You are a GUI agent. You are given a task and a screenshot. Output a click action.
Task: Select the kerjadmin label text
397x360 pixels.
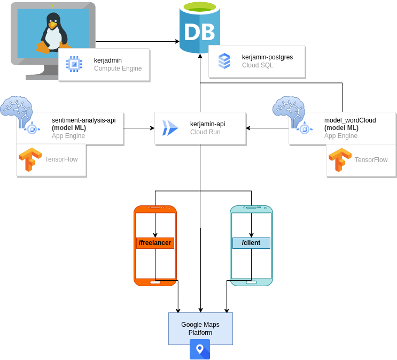(108, 60)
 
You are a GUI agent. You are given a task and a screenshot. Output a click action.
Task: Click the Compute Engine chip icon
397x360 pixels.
(74, 64)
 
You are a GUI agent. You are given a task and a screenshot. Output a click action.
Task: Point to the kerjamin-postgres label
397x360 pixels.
(267, 57)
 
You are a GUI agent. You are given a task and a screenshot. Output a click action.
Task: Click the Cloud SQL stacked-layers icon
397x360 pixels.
(224, 61)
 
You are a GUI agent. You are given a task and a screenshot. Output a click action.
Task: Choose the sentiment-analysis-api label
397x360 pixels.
(83, 120)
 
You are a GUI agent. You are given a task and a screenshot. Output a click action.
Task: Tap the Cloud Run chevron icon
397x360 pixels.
(170, 128)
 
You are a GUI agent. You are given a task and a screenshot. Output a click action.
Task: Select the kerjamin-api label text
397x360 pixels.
(207, 124)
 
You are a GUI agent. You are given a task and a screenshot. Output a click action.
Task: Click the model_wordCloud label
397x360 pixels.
(350, 120)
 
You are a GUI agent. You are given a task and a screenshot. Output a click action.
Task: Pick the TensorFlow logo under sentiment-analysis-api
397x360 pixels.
(30, 159)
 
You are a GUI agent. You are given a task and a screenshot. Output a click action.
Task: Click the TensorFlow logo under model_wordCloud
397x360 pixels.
(340, 159)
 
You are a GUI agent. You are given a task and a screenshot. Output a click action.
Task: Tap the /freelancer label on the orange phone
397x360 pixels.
(155, 243)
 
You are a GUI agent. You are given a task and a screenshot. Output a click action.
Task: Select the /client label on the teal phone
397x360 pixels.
(251, 243)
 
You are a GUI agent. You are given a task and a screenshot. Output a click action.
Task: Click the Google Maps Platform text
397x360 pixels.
(200, 328)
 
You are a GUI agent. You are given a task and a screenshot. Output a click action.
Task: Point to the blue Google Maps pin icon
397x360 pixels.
(200, 349)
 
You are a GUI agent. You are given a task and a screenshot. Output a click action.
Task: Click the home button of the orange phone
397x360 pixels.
(155, 282)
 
